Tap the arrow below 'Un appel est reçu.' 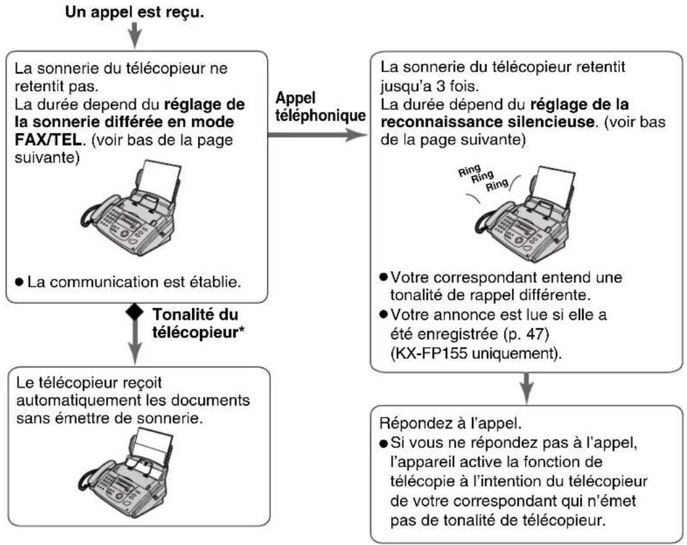point(134,37)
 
